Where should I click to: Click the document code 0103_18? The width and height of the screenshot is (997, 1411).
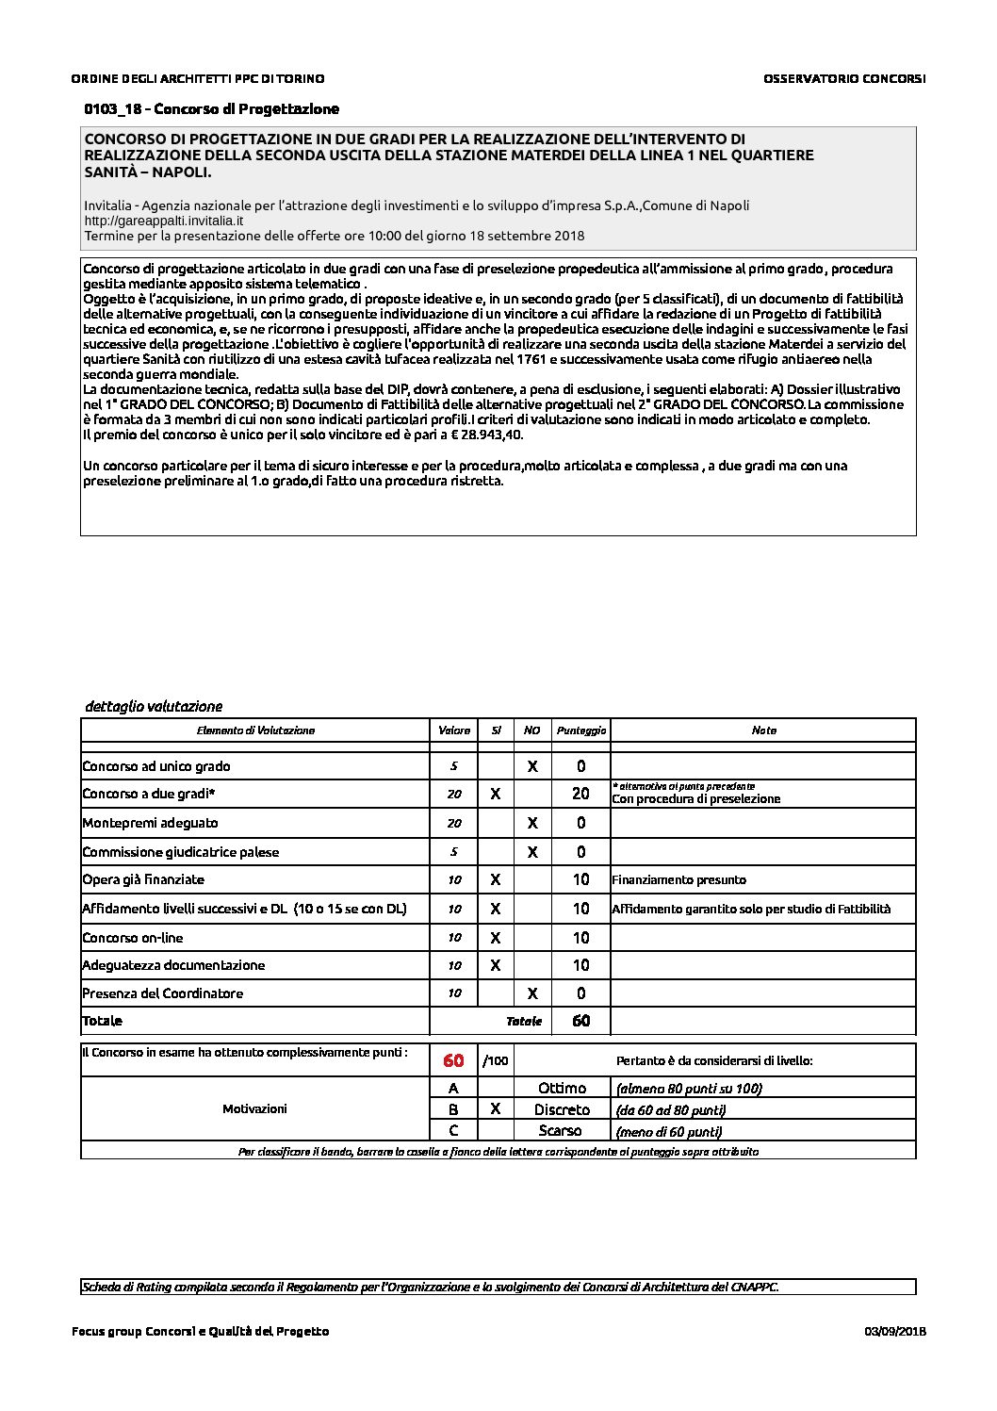[x=112, y=109]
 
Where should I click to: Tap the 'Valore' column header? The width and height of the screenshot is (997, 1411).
[x=454, y=730]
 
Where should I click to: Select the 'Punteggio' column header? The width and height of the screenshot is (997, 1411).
[x=581, y=730]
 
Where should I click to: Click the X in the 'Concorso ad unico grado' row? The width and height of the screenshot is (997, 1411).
[x=531, y=766]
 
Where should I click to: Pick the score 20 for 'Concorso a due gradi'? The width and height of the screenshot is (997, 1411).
[x=580, y=794]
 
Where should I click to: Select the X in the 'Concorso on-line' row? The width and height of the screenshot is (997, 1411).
[x=496, y=938]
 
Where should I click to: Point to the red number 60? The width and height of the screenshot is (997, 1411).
[x=453, y=1060]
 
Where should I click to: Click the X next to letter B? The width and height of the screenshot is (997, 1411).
[x=496, y=1109]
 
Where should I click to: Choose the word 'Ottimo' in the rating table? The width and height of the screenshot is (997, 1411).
[x=562, y=1089]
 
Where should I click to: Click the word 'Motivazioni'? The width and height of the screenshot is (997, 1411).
[x=254, y=1109]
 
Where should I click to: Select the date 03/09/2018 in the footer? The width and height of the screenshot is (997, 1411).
[x=894, y=1331]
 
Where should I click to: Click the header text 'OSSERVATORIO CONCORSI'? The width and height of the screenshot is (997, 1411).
[x=844, y=79]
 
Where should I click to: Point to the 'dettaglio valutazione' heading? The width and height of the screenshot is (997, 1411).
[x=154, y=706]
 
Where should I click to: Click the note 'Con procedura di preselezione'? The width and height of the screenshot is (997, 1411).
[x=696, y=799]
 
